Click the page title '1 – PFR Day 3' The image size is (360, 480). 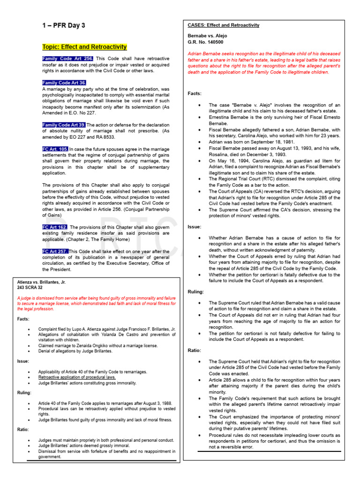pyautogui.click(x=63, y=25)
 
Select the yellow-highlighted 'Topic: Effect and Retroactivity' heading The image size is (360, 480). pyautogui.click(x=84, y=47)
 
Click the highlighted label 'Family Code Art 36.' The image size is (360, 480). pyautogui.click(x=64, y=82)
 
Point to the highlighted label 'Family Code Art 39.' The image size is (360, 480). pyautogui.click(x=64, y=125)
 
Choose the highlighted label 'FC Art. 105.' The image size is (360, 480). pyautogui.click(x=55, y=149)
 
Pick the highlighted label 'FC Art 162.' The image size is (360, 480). pyautogui.click(x=55, y=227)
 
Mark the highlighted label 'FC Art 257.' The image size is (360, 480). pyautogui.click(x=55, y=251)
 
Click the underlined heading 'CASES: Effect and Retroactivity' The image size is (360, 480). pyautogui.click(x=223, y=25)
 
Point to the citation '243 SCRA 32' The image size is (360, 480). pyautogui.click(x=30, y=288)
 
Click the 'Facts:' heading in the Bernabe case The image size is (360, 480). pyautogui.click(x=195, y=93)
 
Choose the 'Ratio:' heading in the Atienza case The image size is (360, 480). pyautogui.click(x=23, y=429)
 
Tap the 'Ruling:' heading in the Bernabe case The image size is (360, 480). pyautogui.click(x=195, y=292)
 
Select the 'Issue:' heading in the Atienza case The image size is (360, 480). pyautogui.click(x=23, y=361)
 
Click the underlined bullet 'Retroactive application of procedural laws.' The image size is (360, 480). pyautogui.click(x=77, y=377)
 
